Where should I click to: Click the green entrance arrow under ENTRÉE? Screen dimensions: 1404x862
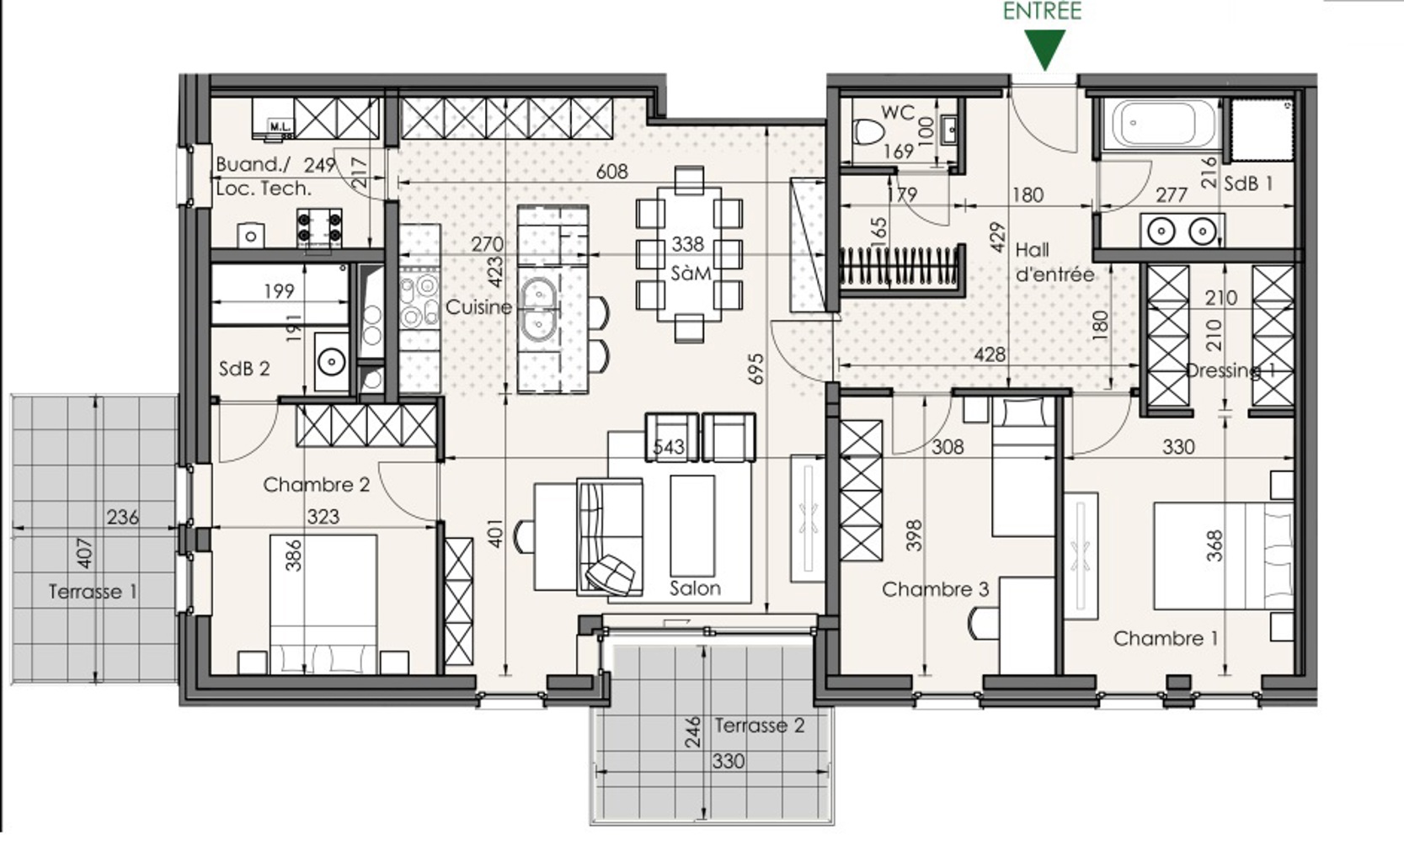(x=1045, y=50)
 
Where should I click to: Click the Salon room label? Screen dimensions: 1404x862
(x=695, y=588)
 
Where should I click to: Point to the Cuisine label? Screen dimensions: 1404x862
(x=479, y=307)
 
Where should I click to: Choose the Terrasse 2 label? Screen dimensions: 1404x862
(x=760, y=726)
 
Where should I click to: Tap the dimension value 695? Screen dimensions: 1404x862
(x=756, y=369)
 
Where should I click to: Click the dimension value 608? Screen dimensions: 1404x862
(x=611, y=171)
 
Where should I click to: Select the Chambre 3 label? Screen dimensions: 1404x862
(x=935, y=589)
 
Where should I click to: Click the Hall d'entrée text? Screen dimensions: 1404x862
(x=1054, y=262)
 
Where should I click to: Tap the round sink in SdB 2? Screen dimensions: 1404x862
(x=331, y=361)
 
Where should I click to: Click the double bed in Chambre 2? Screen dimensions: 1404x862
(x=323, y=604)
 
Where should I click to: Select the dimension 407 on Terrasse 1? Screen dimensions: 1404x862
(x=83, y=553)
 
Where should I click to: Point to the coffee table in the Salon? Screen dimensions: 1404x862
(x=692, y=525)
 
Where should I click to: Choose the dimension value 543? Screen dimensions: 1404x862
(x=669, y=447)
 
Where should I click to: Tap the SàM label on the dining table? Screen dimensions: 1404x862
(x=691, y=273)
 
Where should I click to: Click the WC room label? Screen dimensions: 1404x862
(x=898, y=113)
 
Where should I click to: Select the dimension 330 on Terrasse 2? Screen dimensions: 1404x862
(x=729, y=761)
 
